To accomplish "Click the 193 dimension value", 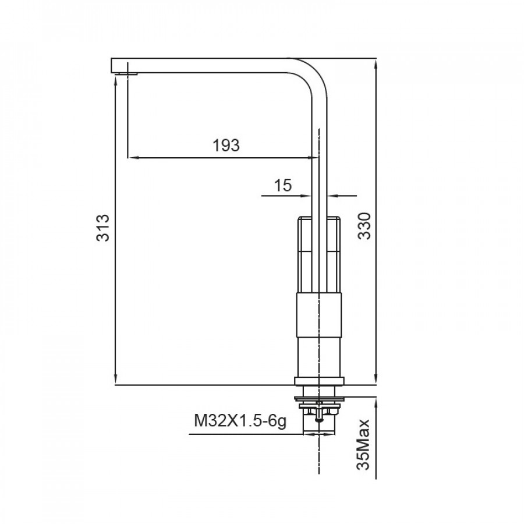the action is coord(226,146).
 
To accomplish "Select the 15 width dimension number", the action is coord(283,185).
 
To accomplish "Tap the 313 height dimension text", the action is coord(102,228).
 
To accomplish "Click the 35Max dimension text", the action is coord(363,444).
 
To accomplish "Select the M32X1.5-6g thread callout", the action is coord(240,421).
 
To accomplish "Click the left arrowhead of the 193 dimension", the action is coord(133,157).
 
